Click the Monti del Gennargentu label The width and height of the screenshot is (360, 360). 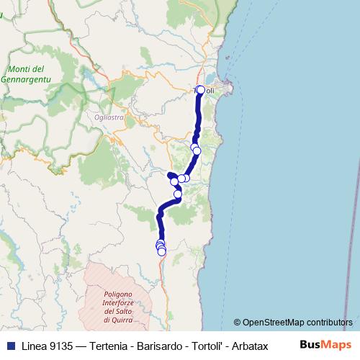[24, 73]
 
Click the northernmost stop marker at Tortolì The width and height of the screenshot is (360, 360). [201, 90]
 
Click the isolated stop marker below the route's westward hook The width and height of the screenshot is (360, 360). [178, 194]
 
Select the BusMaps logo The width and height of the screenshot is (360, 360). [325, 345]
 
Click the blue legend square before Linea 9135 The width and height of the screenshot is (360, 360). [9, 346]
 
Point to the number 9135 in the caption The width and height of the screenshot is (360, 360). [57, 346]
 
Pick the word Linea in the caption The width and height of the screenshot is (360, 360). [30, 346]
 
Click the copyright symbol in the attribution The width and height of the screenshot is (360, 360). [238, 323]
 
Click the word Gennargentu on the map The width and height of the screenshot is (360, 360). [24, 77]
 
